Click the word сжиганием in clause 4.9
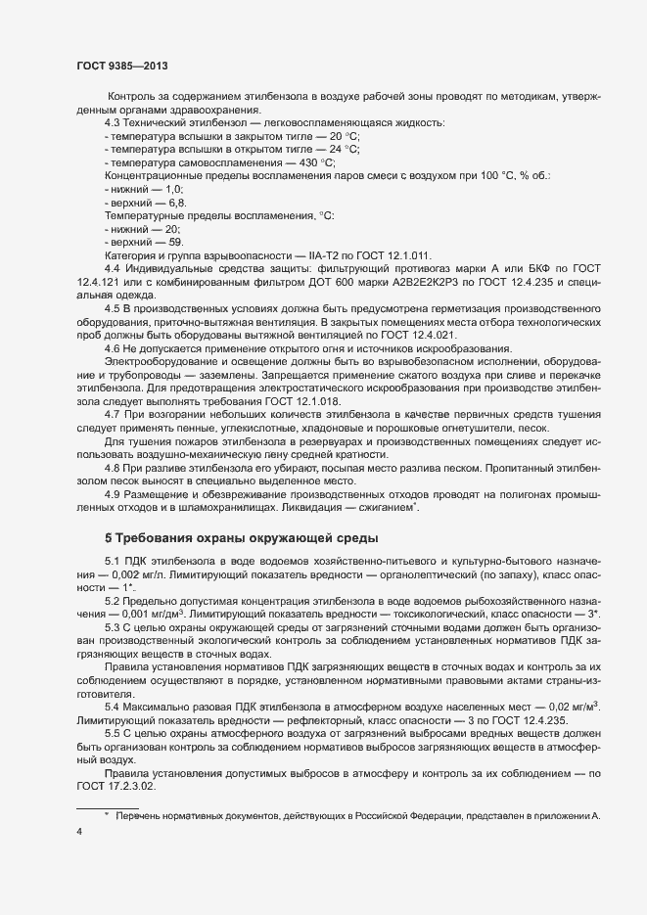[387, 507]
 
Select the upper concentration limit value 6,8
[175, 203]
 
